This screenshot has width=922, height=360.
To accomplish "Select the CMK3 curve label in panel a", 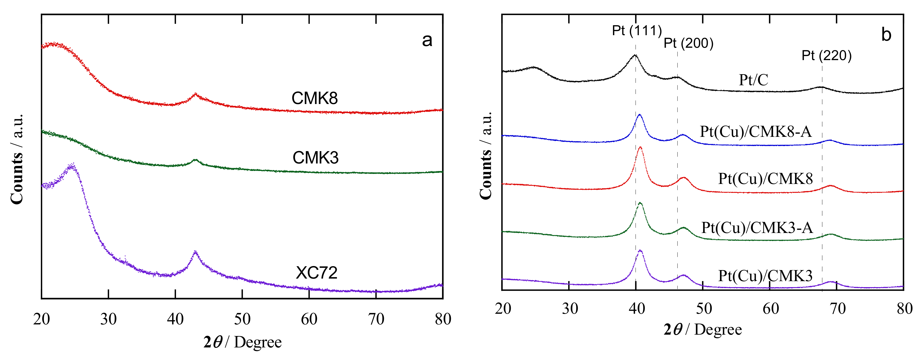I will coord(315,158).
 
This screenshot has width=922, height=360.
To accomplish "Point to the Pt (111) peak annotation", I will coord(637,31).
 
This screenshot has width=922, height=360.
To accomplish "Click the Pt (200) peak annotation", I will coord(688,43).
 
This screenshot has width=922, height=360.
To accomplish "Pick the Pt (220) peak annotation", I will coord(826,55).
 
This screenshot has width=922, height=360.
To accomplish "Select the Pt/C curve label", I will coord(754,80).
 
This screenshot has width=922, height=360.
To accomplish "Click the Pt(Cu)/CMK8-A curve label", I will coord(756,132).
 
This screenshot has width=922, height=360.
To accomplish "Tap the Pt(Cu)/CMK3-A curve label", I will coord(757,228).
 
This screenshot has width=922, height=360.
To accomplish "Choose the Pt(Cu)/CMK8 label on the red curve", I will coord(765,179).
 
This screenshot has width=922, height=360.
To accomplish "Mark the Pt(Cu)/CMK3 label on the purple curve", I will coord(765,276).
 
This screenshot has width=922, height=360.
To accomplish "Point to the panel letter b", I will coord(886,35).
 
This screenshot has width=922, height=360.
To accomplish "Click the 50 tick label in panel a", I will coord(242,319).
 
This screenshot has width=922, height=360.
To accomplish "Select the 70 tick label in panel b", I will coord(838,308).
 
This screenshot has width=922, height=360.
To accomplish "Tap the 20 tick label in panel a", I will coord(42,319).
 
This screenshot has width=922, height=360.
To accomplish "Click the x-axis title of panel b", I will coord(703,329).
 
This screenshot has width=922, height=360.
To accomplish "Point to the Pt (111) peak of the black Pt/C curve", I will coord(635,55).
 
